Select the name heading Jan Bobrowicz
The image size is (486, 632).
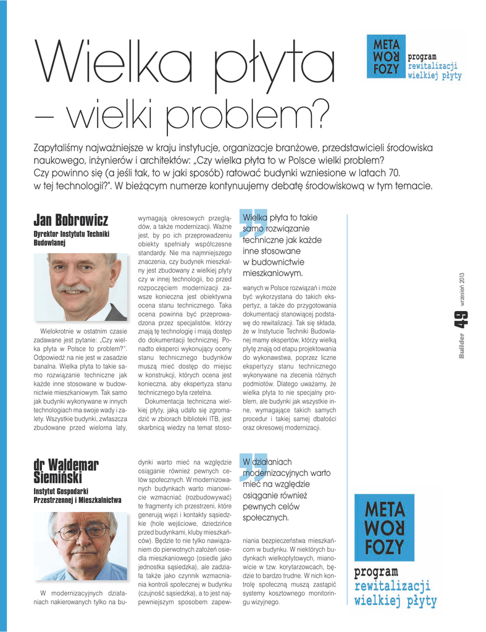click(70, 220)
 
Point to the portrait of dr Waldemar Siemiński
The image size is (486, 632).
click(80, 546)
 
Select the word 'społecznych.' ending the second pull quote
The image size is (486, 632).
click(266, 517)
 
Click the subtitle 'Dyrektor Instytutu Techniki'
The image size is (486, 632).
click(71, 234)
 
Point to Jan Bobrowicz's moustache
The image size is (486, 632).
click(73, 288)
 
